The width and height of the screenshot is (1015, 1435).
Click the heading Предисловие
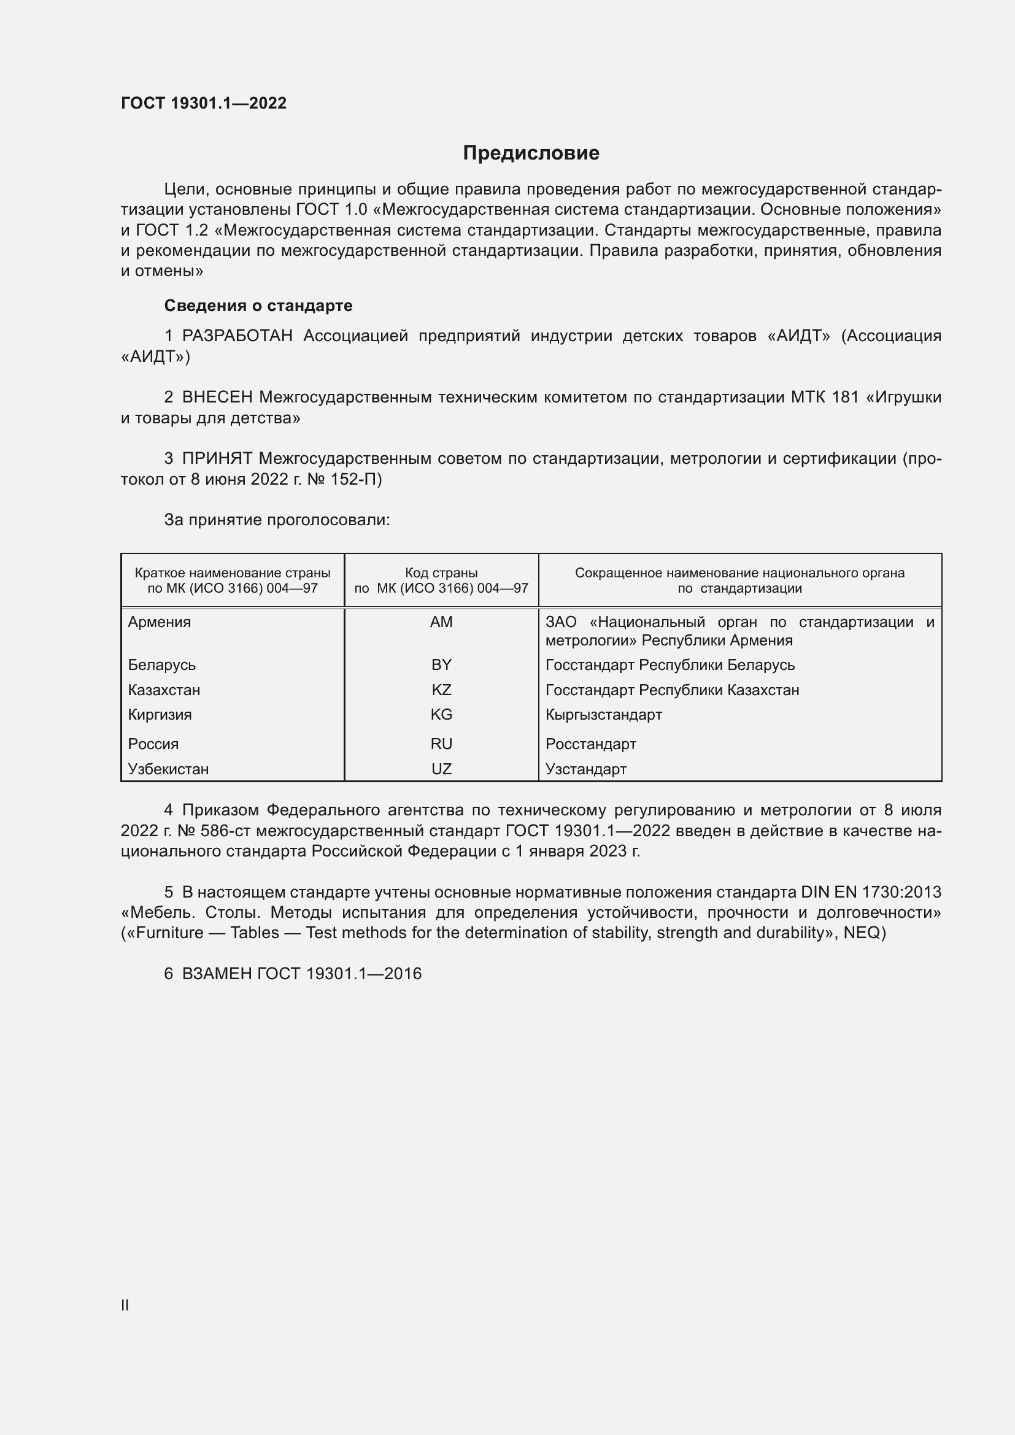click(x=531, y=153)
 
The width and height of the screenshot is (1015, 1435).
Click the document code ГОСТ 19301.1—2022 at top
click(x=204, y=103)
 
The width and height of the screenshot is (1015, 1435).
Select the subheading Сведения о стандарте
click(x=258, y=306)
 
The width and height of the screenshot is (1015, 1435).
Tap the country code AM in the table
click(x=441, y=622)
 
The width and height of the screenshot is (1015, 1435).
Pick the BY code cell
click(x=441, y=665)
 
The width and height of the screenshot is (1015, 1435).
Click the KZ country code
click(x=441, y=690)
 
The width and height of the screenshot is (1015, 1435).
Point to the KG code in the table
click(x=441, y=714)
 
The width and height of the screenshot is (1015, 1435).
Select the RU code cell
click(x=441, y=744)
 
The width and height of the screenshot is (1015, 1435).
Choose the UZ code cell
click(x=441, y=769)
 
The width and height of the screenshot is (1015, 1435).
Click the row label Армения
click(x=160, y=622)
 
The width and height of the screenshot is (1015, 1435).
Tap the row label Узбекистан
click(x=168, y=769)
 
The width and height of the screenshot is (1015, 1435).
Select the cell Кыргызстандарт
click(x=603, y=714)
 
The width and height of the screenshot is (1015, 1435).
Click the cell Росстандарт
click(x=590, y=744)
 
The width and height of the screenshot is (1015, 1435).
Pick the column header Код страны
click(x=441, y=573)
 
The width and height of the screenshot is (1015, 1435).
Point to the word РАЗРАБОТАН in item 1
click(x=237, y=336)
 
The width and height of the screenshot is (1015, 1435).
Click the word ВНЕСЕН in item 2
click(x=217, y=398)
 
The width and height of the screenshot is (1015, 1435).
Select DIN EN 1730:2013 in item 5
click(x=871, y=892)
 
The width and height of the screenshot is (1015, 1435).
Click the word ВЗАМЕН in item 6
click(x=217, y=974)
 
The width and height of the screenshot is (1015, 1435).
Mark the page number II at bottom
click(x=125, y=1306)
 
